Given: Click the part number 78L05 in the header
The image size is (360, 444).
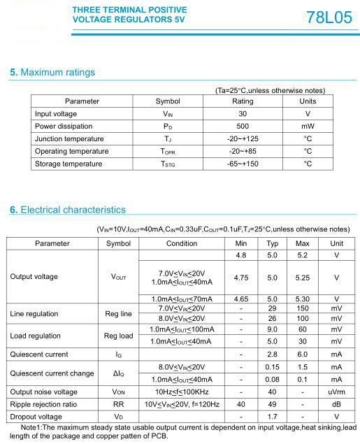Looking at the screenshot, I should tap(329, 17).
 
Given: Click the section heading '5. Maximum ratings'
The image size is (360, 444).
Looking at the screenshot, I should tap(52, 73).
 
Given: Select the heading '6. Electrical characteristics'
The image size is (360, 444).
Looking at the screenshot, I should tap(68, 210).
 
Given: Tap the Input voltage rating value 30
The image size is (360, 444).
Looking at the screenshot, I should tap(243, 113).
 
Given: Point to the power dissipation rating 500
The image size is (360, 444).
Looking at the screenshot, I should tap(243, 126).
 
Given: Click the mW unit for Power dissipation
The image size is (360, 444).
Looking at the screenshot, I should tap(308, 126).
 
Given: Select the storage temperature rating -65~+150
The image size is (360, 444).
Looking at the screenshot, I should tap(243, 164).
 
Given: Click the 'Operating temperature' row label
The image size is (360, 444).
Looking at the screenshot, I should tap(71, 151).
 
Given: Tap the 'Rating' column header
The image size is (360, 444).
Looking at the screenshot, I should tap(243, 101).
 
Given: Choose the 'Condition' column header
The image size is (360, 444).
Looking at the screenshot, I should tap(182, 243).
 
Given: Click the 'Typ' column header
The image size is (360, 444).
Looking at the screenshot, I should tap(273, 243).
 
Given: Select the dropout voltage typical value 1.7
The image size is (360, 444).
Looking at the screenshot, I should tap(273, 417).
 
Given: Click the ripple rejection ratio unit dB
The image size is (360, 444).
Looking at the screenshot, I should tap(336, 404).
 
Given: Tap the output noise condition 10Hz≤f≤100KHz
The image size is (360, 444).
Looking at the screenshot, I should tap(182, 392).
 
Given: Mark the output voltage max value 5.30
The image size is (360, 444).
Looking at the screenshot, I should tap(303, 299).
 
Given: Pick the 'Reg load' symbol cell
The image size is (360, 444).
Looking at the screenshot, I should tap(118, 336).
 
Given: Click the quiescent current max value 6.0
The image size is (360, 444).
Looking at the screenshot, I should tap(303, 355).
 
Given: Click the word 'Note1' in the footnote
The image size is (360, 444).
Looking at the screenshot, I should tap(32, 427).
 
